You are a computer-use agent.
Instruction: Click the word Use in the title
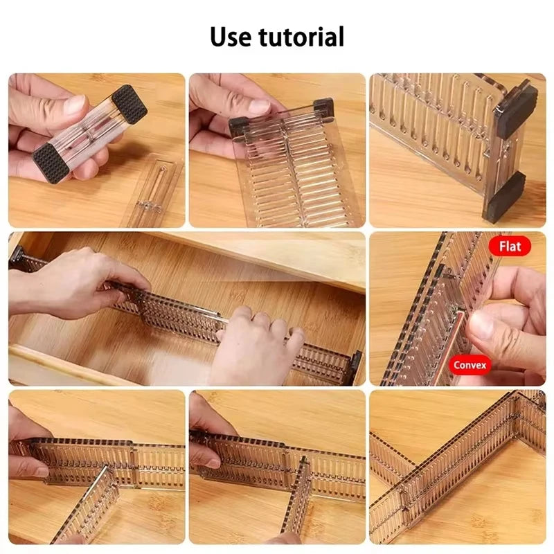(233, 37)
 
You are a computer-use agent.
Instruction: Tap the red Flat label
(510, 246)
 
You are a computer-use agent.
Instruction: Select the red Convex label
(470, 364)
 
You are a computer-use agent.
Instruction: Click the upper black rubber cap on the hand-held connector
(129, 105)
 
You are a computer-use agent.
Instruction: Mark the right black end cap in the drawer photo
(354, 367)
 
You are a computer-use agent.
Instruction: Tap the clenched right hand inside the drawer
(256, 343)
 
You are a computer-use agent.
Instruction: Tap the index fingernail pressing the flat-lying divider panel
(260, 106)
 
